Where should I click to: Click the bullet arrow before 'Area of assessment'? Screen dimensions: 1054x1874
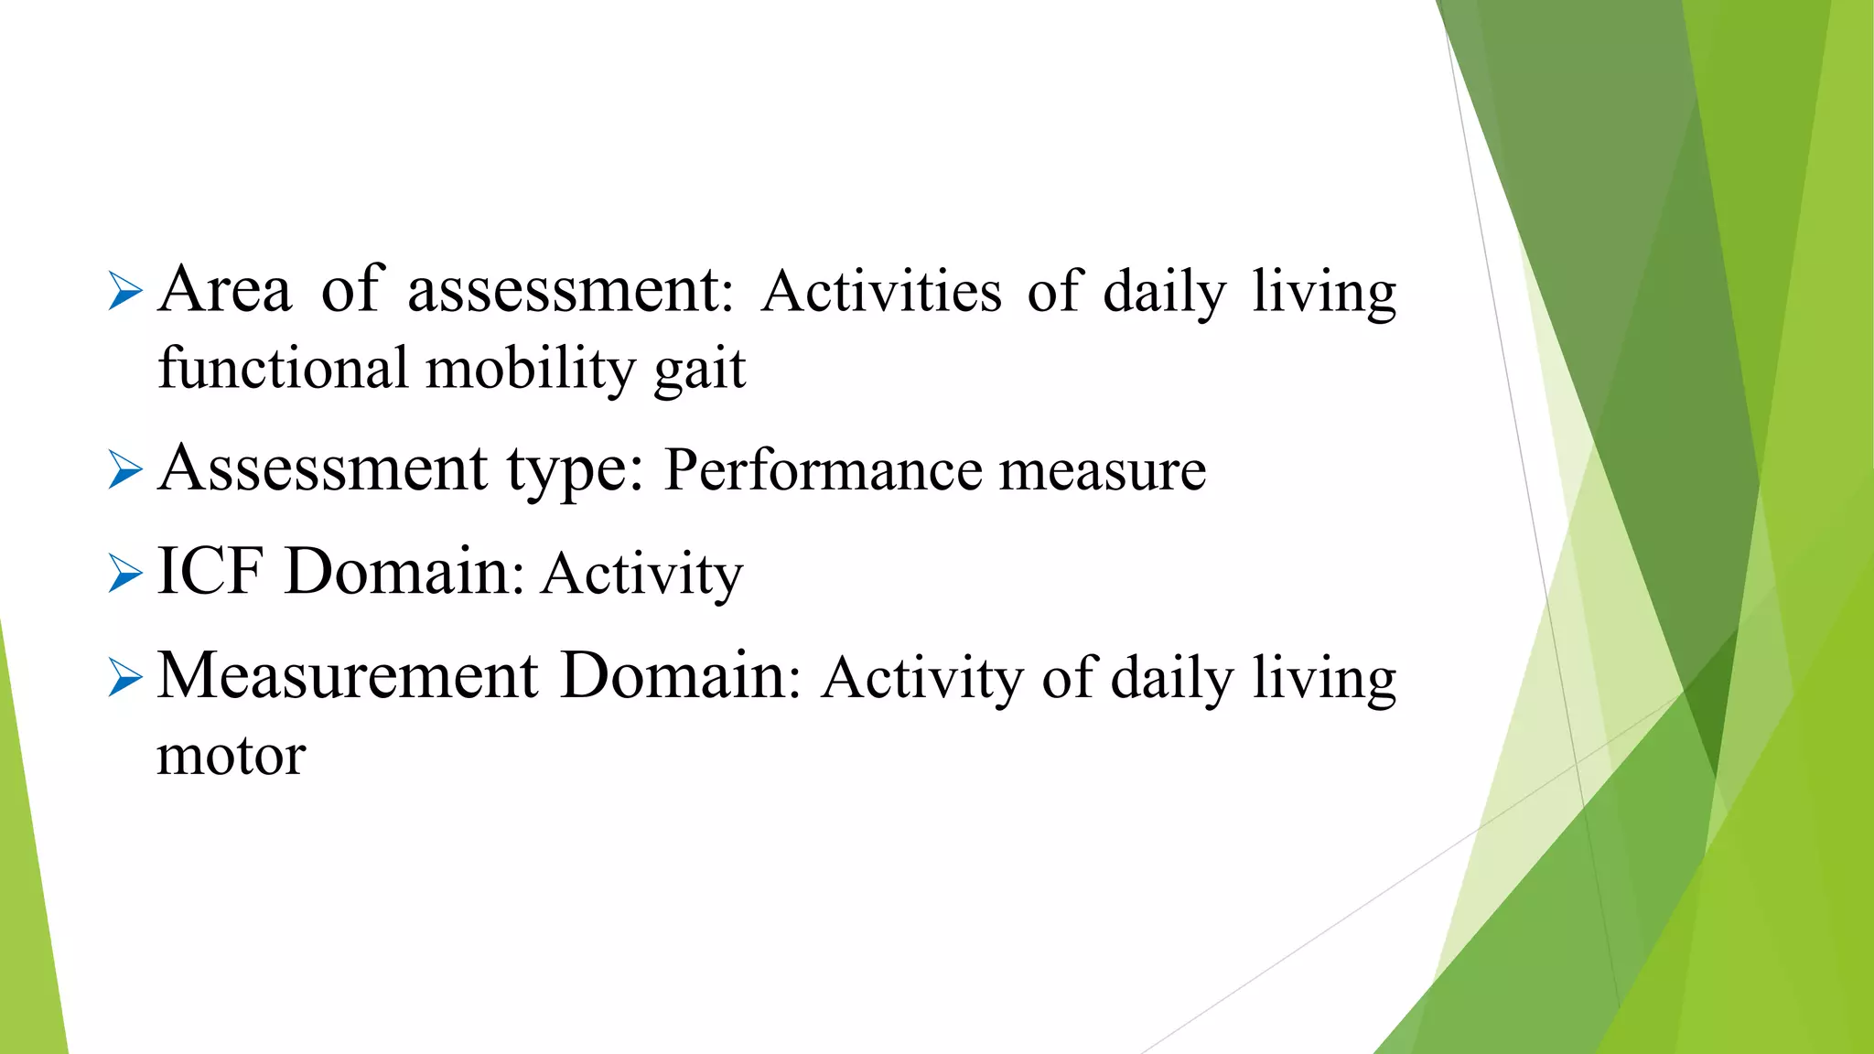125,293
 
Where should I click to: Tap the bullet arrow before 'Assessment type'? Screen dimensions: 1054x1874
125,471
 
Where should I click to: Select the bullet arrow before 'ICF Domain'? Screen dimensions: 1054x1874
125,575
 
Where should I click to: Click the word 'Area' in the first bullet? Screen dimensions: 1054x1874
225,290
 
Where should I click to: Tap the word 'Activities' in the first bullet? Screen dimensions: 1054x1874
881,292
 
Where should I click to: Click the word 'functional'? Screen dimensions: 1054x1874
283,368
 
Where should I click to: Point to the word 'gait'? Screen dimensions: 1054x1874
700,370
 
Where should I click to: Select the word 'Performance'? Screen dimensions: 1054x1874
822,470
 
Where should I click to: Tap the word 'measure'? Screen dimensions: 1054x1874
1103,470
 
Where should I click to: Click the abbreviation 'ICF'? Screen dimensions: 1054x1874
210,572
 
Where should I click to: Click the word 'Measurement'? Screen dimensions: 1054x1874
348,676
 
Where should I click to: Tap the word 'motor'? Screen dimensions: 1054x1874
232,757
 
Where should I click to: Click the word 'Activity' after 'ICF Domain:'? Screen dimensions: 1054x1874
641,575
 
